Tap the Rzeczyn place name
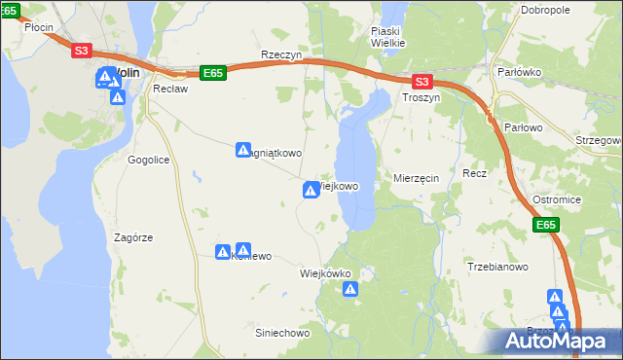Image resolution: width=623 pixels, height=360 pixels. (x=281, y=56)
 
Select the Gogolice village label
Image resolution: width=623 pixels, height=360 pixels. (x=149, y=158)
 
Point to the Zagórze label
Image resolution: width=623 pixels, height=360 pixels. (x=133, y=237)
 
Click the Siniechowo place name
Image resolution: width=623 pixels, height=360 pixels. (x=281, y=333)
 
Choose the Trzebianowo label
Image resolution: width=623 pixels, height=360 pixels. (x=497, y=267)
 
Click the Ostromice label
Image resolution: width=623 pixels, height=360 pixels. (x=557, y=199)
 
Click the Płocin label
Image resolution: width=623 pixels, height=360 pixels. (x=39, y=28)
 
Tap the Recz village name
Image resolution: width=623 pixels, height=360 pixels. (x=474, y=173)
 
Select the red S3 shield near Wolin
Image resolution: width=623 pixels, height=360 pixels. (x=82, y=51)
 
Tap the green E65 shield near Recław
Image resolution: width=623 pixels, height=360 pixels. (x=213, y=72)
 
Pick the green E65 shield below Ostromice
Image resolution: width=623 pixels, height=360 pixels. (x=546, y=226)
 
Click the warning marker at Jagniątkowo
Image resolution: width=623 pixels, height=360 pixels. (x=244, y=150)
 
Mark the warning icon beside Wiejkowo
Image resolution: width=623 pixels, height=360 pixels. (x=311, y=190)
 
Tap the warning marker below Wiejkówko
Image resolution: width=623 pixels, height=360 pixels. (x=351, y=289)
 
